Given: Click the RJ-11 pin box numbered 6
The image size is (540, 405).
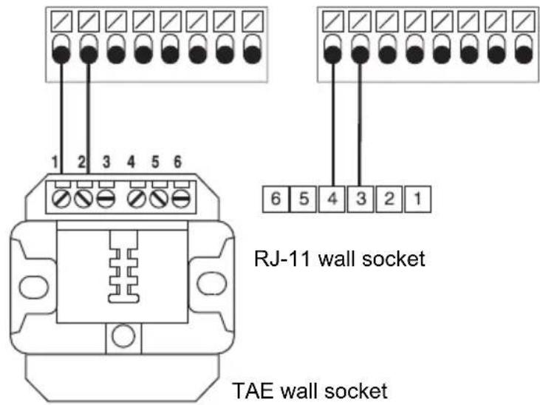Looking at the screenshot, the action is point(275,199).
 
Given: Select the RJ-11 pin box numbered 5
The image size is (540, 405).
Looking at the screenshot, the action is point(304,199).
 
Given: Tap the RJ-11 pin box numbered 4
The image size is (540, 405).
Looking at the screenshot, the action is point(332,199).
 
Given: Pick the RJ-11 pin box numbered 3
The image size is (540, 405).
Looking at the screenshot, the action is point(360,199).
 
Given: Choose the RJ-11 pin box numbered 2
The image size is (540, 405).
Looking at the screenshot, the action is point(389,199).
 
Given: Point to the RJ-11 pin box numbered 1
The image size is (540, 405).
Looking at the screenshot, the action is point(417,199).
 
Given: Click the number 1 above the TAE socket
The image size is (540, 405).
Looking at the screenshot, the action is point(55,162).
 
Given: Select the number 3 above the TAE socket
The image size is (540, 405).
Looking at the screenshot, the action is point(106,162).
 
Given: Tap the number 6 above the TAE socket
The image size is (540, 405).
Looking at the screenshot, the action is point(177,162).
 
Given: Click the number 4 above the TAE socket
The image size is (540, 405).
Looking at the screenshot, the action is point(131,162).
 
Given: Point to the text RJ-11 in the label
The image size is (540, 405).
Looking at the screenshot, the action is point(281,259).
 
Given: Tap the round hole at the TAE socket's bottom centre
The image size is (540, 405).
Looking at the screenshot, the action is point(123,336).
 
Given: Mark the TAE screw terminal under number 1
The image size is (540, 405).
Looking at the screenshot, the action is point(61,199).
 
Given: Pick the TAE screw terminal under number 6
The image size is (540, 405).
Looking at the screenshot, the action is point(181,199).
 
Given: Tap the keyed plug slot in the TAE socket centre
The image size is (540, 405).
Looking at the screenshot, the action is point(124,267).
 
